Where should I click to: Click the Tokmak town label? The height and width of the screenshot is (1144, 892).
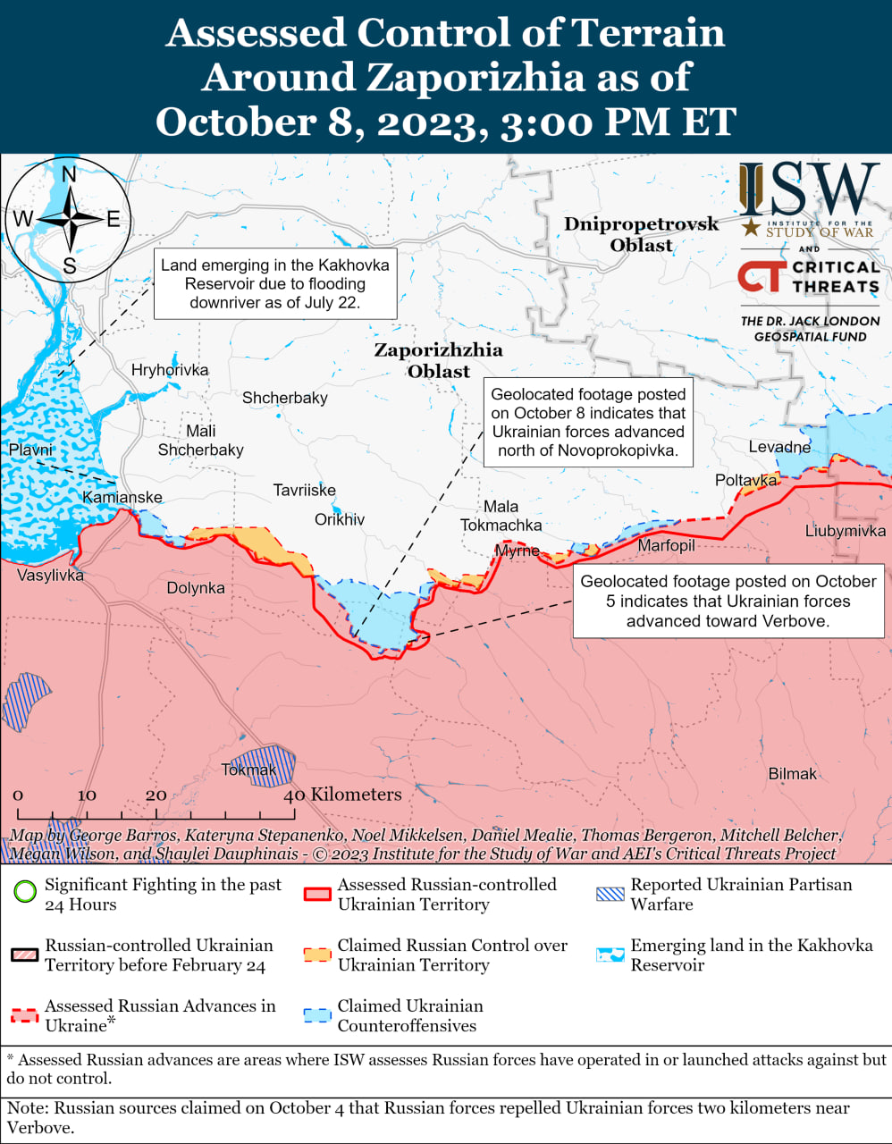coord(248,770)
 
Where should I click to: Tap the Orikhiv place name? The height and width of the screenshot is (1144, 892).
coord(339,519)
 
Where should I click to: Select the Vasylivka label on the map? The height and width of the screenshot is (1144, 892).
coord(50,576)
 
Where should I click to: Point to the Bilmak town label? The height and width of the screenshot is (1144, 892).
coord(792,774)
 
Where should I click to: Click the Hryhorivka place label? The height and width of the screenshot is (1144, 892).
coord(169,370)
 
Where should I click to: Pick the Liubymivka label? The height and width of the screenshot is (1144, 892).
coord(845,531)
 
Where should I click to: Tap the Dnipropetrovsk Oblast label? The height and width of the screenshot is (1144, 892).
coord(641,234)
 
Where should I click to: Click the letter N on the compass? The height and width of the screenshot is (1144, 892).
coord(69,175)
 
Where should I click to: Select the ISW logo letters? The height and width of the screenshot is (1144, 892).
coord(809,189)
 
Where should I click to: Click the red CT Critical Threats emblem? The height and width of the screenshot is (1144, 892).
coord(762,276)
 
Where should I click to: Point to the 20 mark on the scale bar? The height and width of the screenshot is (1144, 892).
coord(156,795)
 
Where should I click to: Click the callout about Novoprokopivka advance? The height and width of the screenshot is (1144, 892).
coord(588,423)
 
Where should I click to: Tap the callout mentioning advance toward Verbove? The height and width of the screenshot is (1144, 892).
coord(728,601)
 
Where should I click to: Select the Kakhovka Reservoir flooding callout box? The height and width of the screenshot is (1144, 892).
coord(274,284)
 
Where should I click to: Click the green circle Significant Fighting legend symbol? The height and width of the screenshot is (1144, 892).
coord(25,891)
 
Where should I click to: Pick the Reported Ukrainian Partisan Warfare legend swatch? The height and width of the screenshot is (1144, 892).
coord(610,893)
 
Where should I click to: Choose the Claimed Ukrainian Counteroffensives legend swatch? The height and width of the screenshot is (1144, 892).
coord(317,1015)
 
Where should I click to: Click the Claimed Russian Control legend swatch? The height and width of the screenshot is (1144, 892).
coord(317,954)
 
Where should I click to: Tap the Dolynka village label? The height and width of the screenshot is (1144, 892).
coord(196,588)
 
